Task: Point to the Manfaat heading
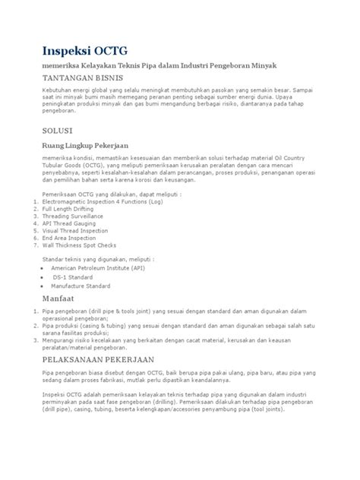pyautogui.click(x=46, y=299)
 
